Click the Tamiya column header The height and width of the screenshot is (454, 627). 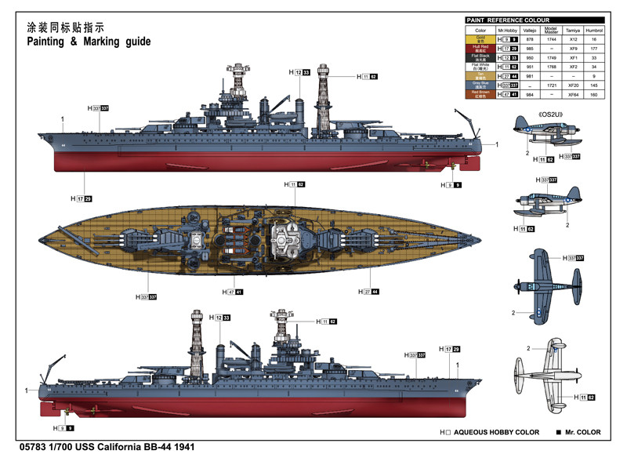pyautogui.click(x=573, y=30)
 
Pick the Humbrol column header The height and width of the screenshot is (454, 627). pyautogui.click(x=595, y=30)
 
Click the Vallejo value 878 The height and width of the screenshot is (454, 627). pyautogui.click(x=529, y=39)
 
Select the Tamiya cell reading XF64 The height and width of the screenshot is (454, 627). pyautogui.click(x=573, y=94)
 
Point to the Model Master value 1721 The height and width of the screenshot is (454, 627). pyautogui.click(x=551, y=85)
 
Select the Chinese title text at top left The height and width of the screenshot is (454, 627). pyautogui.click(x=66, y=25)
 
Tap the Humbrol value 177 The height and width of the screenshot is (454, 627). pyautogui.click(x=595, y=49)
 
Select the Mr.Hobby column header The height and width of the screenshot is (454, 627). pyautogui.click(x=508, y=30)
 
